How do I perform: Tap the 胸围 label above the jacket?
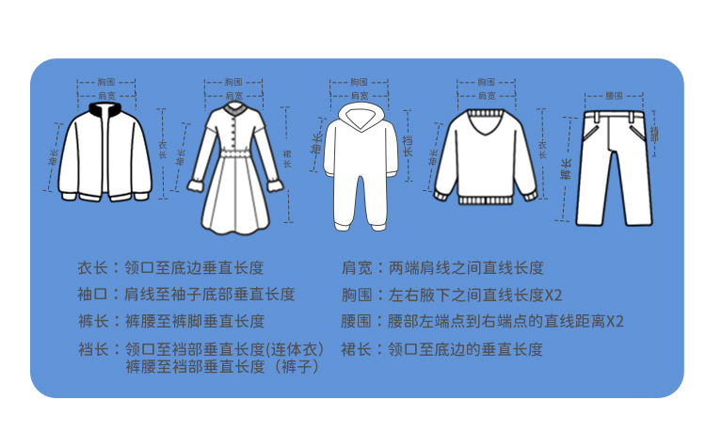click(x=105, y=82)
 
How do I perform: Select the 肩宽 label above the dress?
click(x=233, y=95)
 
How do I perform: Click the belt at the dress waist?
click(x=233, y=152)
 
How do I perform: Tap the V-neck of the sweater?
click(x=484, y=124)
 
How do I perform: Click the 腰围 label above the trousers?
click(x=615, y=97)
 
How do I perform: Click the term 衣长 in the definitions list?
click(x=90, y=268)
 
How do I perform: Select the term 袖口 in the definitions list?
click(x=90, y=295)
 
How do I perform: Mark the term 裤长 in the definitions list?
click(x=90, y=321)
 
